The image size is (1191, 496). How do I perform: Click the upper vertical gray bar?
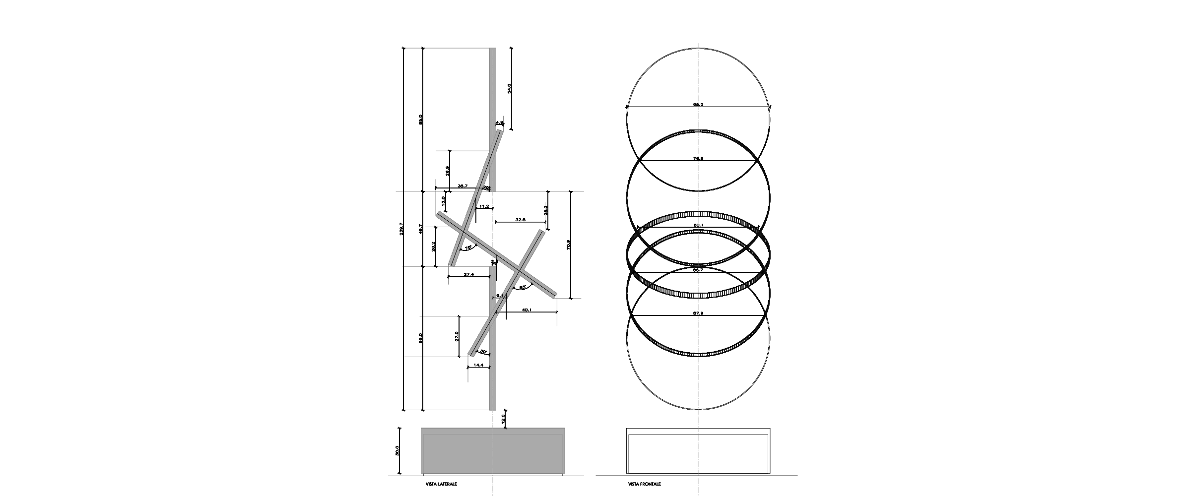tap(493, 89)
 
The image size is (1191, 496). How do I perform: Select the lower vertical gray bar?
tap(493, 377)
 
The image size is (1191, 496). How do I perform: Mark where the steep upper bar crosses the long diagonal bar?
tap(463, 232)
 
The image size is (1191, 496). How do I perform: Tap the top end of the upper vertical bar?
tap(493, 49)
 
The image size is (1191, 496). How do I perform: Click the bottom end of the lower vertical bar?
tap(493, 409)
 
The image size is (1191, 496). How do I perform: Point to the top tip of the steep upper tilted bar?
tap(501, 131)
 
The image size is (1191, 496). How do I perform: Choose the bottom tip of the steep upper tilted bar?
tap(451, 265)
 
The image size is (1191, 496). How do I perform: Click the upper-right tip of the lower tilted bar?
tap(542, 231)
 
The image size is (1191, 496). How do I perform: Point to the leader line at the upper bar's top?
tap(447, 48)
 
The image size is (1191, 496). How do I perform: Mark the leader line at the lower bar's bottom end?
tap(447, 410)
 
